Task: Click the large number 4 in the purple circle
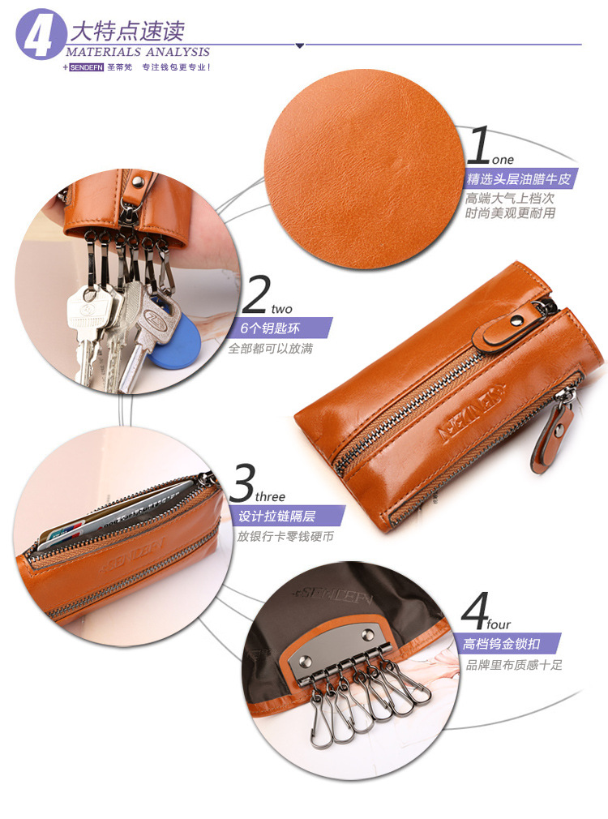(37, 35)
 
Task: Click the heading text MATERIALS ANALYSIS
(138, 52)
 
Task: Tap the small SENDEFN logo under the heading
(86, 67)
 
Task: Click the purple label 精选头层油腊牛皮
(518, 179)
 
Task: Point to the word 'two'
(281, 309)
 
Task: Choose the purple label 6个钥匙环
(270, 328)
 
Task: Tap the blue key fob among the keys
(177, 342)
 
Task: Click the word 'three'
(270, 496)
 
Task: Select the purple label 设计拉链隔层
(276, 516)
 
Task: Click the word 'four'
(499, 624)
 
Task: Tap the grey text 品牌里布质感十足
(514, 665)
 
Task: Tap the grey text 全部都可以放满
(271, 349)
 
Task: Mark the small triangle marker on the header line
(300, 46)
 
